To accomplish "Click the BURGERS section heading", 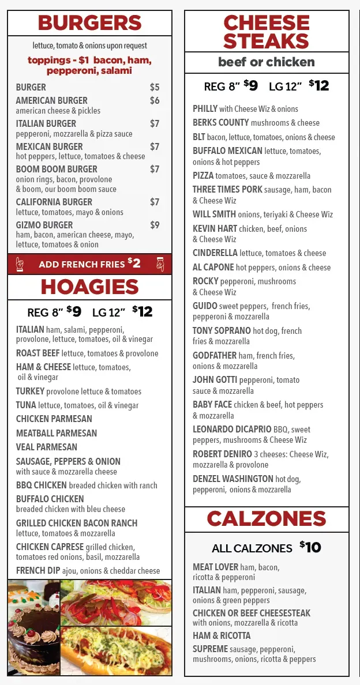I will (x=89, y=23).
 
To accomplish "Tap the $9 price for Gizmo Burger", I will (x=155, y=225).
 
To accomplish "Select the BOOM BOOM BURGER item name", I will (x=57, y=169).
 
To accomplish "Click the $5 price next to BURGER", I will (x=155, y=87).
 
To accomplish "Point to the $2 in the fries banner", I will (x=134, y=264).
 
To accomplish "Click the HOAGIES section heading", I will (x=89, y=287).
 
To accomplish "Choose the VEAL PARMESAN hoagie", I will (x=47, y=447).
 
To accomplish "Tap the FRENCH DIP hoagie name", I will (x=37, y=571).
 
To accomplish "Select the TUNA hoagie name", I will (x=26, y=405).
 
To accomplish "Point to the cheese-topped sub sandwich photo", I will (x=115, y=652).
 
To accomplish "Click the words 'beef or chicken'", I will (x=267, y=62).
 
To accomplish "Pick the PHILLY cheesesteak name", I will (x=205, y=108).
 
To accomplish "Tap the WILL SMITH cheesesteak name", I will (x=214, y=214).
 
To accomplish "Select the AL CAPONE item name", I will (x=213, y=268).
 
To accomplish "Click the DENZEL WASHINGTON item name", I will (x=233, y=479).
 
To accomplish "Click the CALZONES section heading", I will (x=267, y=519).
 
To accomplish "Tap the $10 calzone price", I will (x=310, y=547).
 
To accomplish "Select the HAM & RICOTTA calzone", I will (x=222, y=635).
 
